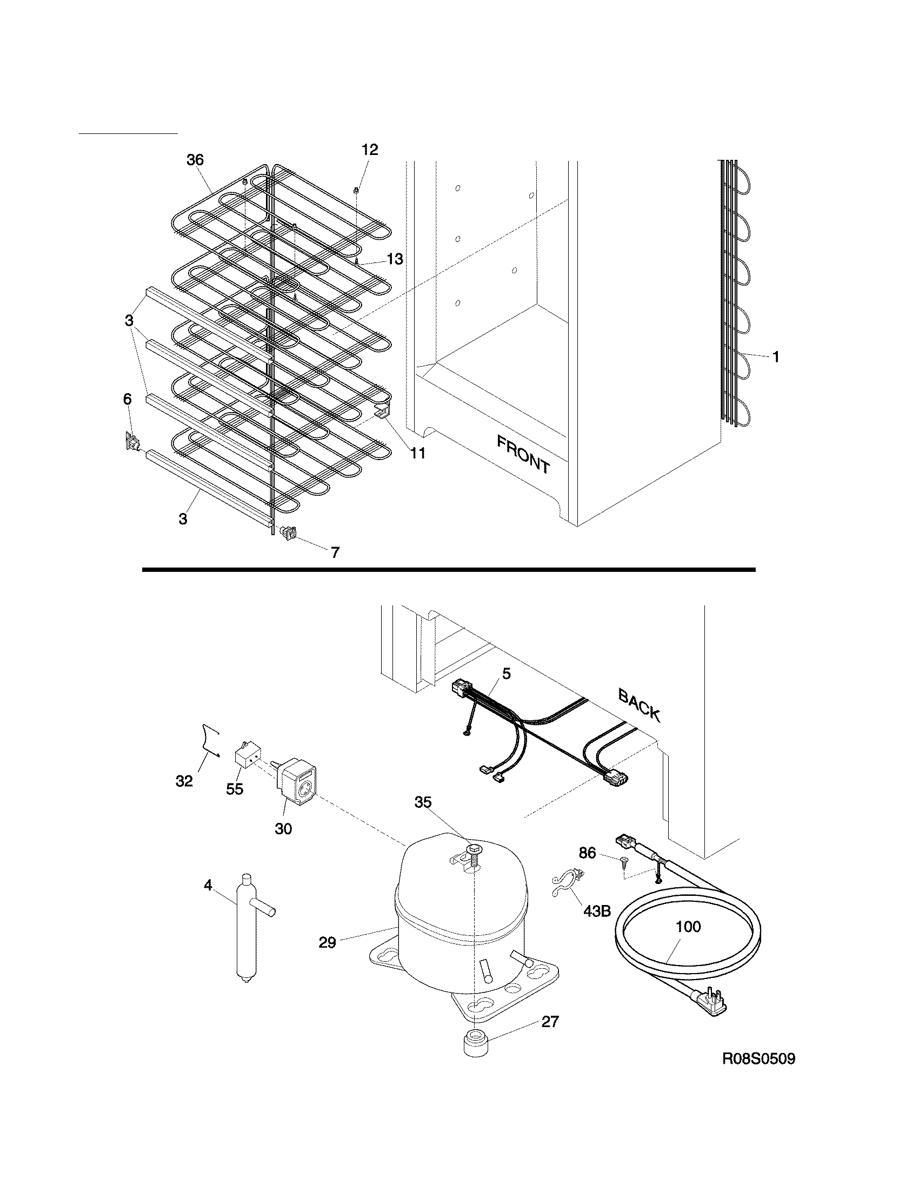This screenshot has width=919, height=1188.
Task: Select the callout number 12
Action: pyautogui.click(x=370, y=150)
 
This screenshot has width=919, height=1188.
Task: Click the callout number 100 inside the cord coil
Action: pyautogui.click(x=688, y=926)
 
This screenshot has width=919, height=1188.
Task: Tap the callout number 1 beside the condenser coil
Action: pyautogui.click(x=776, y=357)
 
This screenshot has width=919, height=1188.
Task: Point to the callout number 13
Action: pyautogui.click(x=395, y=259)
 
